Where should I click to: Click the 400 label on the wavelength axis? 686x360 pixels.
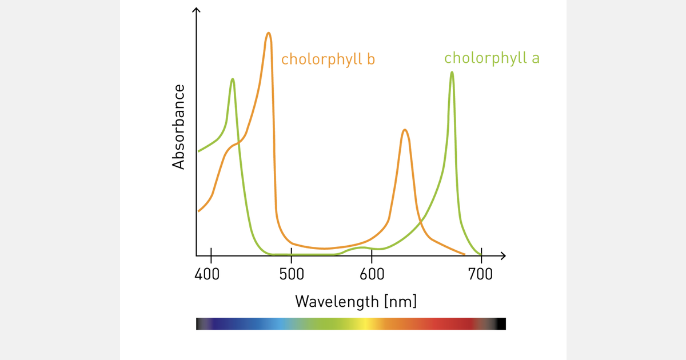coord(207,274)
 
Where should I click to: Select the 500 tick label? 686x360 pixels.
coord(291,274)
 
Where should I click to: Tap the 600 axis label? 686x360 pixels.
coord(372,274)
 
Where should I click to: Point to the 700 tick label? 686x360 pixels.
coord(480,274)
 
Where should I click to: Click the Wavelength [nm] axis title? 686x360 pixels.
coord(356,301)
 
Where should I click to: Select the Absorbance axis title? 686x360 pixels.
coord(179,127)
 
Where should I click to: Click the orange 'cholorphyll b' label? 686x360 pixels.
coord(328,59)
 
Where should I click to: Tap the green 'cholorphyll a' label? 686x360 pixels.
coord(492,58)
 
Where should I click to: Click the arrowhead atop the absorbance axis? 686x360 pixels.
coord(197,10)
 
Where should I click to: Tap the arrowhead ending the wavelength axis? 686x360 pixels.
coord(503,255)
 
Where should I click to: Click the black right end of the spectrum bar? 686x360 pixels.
coord(501,324)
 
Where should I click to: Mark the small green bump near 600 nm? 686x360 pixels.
coord(361,247)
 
